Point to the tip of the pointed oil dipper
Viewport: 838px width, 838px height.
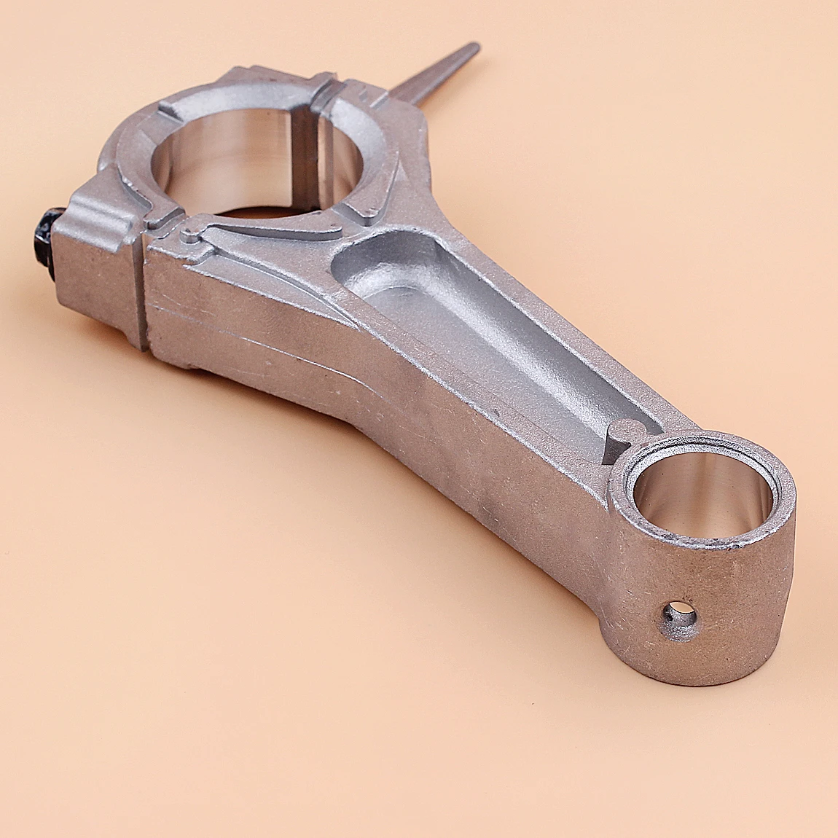point(475,48)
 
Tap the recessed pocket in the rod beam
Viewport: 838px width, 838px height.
point(466,321)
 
